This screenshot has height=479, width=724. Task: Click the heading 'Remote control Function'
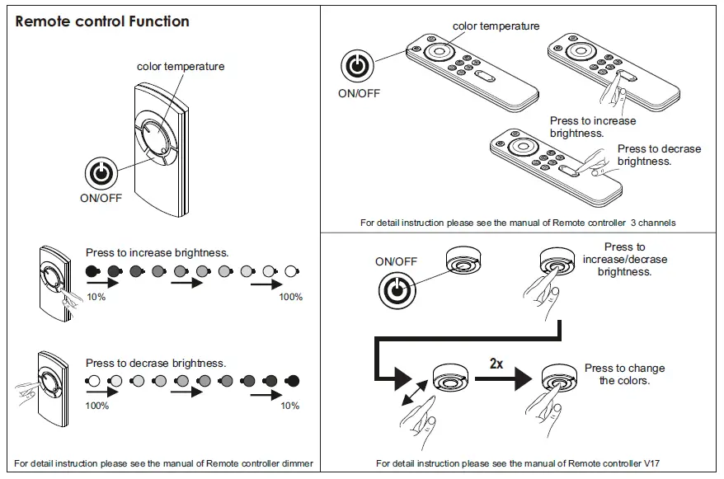(102, 21)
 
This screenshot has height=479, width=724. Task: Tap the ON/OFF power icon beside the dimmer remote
(100, 172)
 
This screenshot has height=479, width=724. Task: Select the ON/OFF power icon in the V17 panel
(397, 289)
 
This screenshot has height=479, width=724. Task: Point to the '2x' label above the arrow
(496, 363)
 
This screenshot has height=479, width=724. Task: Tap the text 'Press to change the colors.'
(624, 374)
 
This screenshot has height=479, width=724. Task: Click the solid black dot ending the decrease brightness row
(291, 381)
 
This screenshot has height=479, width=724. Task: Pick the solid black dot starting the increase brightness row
(92, 271)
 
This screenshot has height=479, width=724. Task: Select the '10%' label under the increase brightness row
(96, 297)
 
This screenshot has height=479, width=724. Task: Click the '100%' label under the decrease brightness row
(98, 406)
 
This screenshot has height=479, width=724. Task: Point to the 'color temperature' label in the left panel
(181, 66)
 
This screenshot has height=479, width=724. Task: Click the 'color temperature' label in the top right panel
(496, 26)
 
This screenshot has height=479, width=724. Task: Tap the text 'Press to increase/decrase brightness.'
(624, 259)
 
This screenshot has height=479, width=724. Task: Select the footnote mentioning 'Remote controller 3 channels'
(518, 223)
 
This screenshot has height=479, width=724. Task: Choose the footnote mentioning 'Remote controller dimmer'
(163, 463)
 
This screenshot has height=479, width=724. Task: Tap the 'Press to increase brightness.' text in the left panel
(157, 252)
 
